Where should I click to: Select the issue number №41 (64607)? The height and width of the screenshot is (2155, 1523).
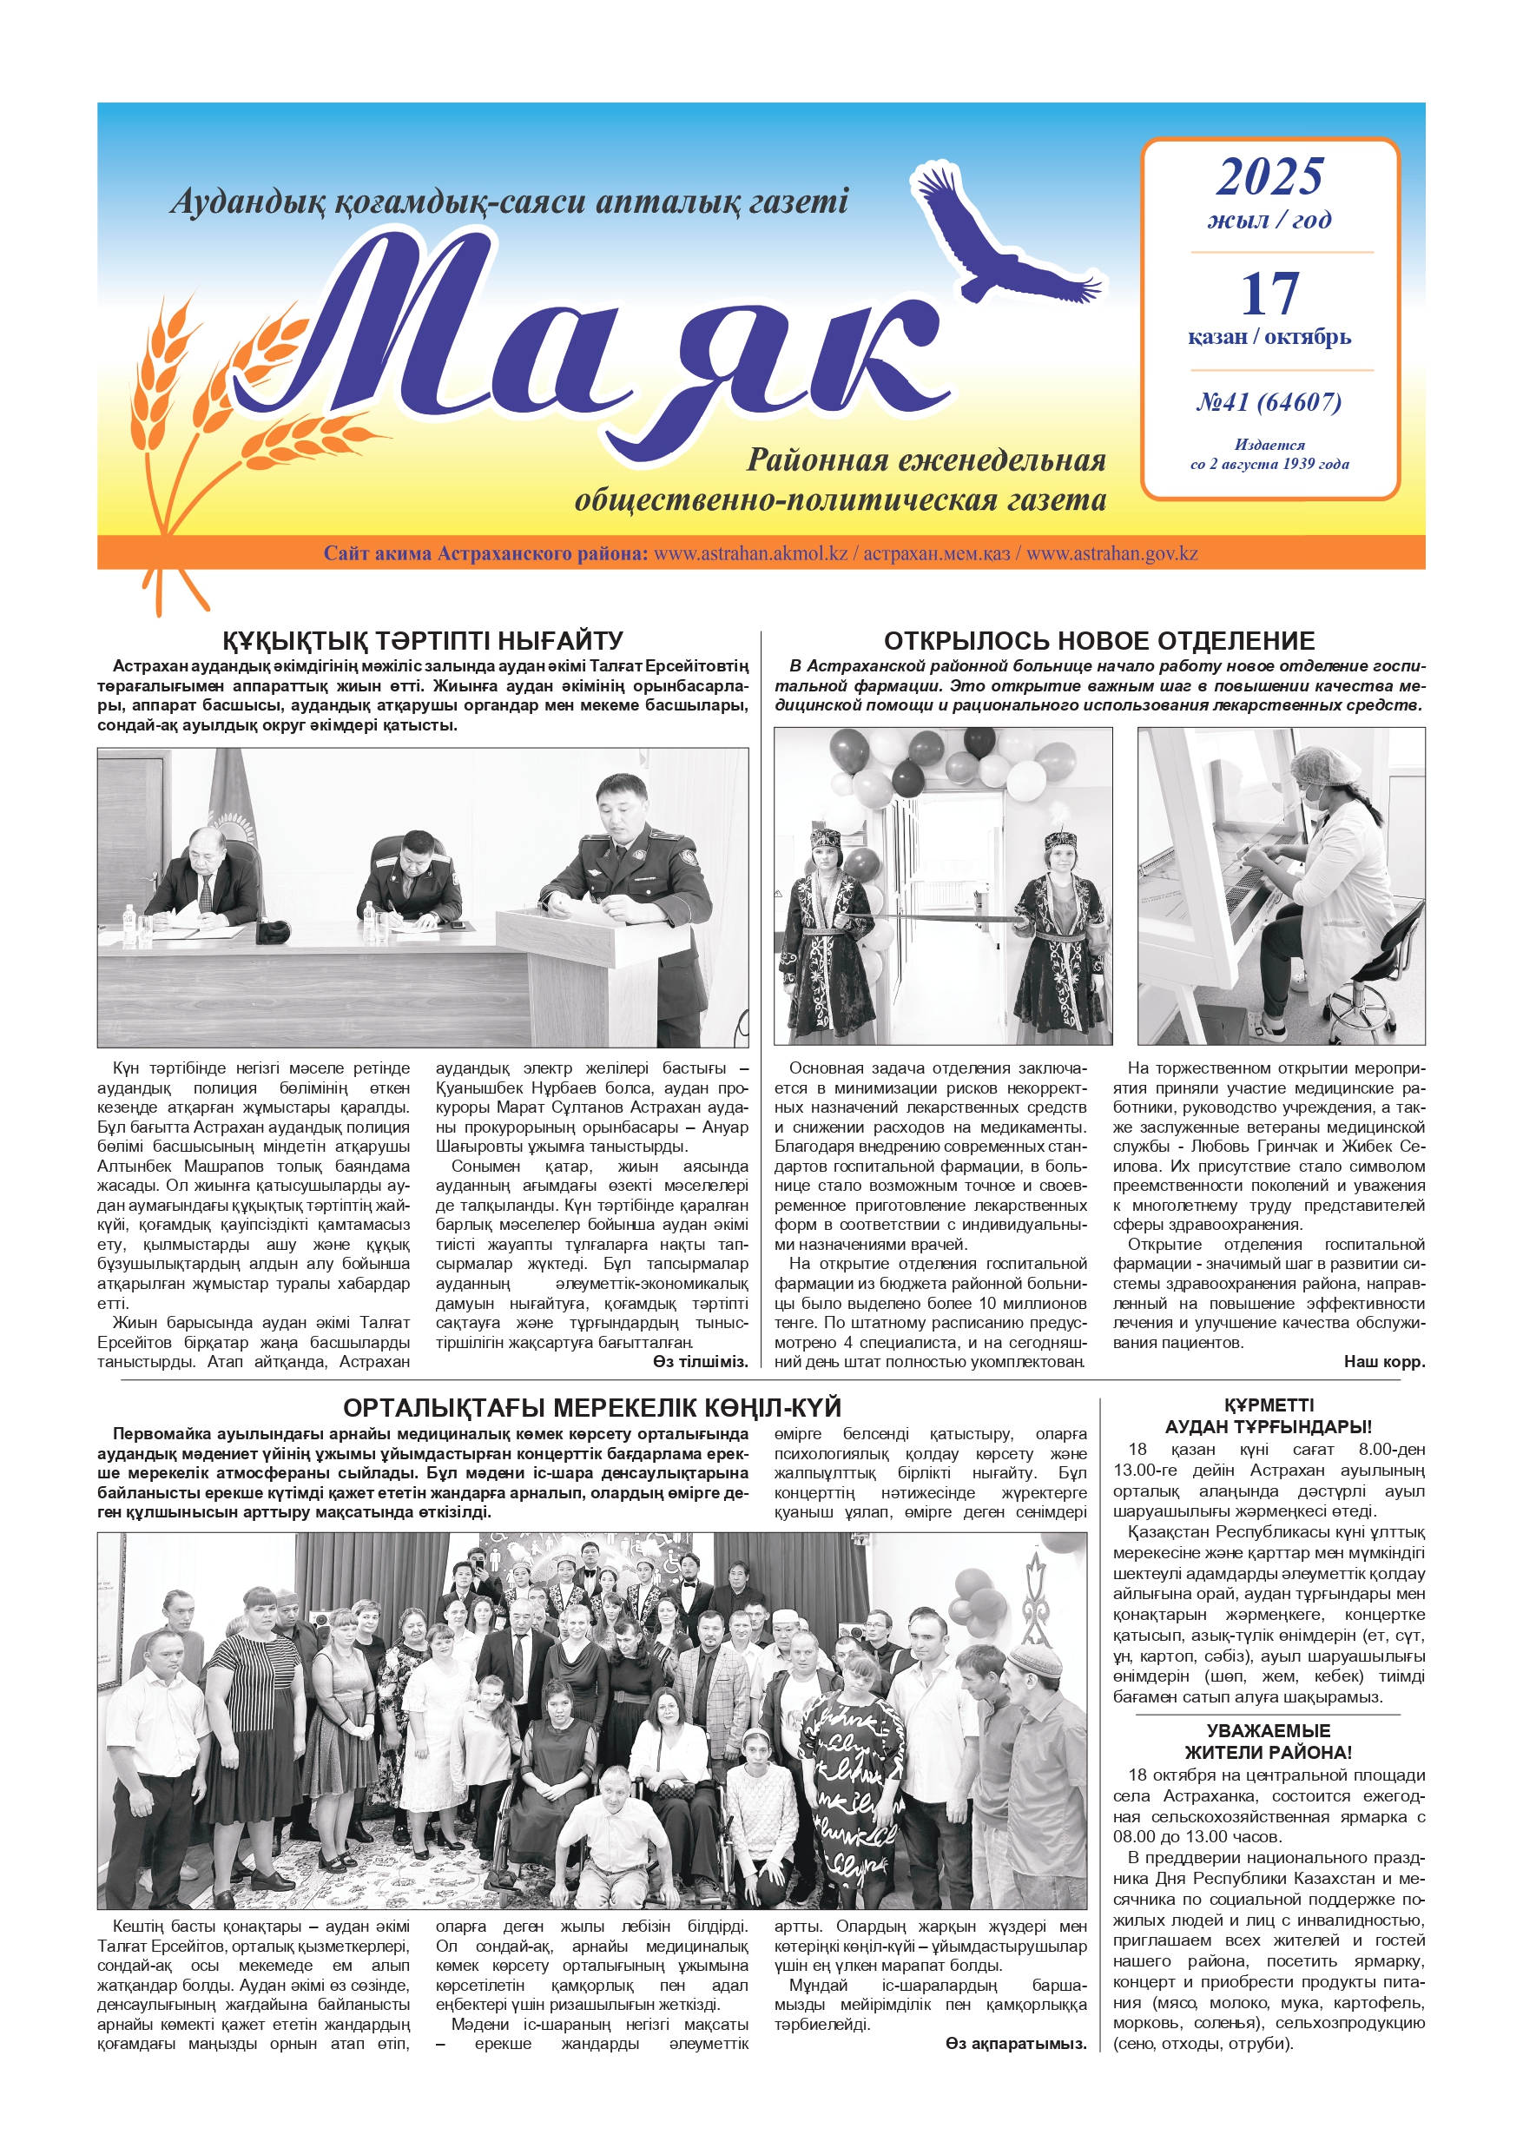[x=1269, y=403]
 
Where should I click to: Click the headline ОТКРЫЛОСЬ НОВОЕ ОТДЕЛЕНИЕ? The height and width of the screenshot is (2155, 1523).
[x=1099, y=641]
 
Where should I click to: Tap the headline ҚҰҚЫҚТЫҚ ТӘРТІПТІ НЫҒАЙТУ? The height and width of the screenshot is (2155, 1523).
[x=422, y=641]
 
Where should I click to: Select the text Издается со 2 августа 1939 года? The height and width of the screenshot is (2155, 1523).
[x=1269, y=454]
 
